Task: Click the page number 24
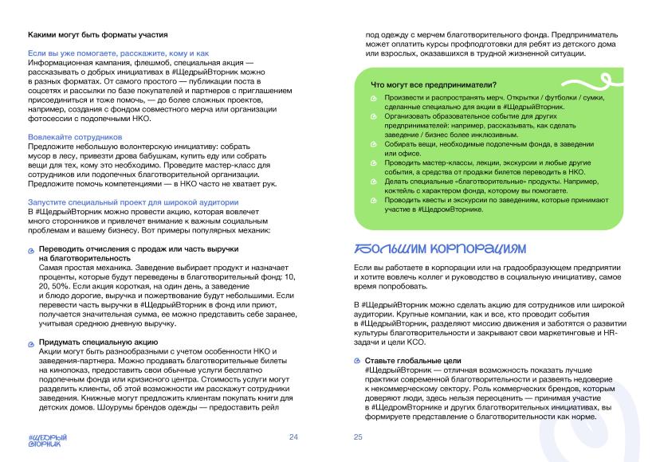click(293, 437)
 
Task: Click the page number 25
click(358, 437)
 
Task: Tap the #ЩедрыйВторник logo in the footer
click(47, 440)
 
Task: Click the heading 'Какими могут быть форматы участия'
click(96, 35)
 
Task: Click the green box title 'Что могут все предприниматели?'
click(434, 85)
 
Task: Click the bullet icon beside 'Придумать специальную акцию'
click(31, 342)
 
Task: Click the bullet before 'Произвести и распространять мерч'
click(375, 98)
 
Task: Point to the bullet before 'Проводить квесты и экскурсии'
click(375, 202)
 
